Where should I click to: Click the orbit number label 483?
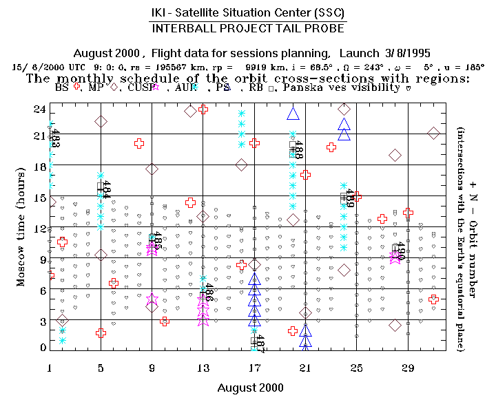coord(56,139)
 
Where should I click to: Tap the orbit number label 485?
coord(158,240)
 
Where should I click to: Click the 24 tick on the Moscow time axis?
coord(39,109)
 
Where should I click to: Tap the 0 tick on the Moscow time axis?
coord(42,347)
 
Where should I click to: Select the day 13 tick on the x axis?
coord(203,365)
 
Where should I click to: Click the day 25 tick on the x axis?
coord(356,365)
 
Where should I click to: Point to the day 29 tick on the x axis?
coord(407,365)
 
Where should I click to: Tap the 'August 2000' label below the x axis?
coord(250,388)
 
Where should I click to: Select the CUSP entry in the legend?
coord(138,87)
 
